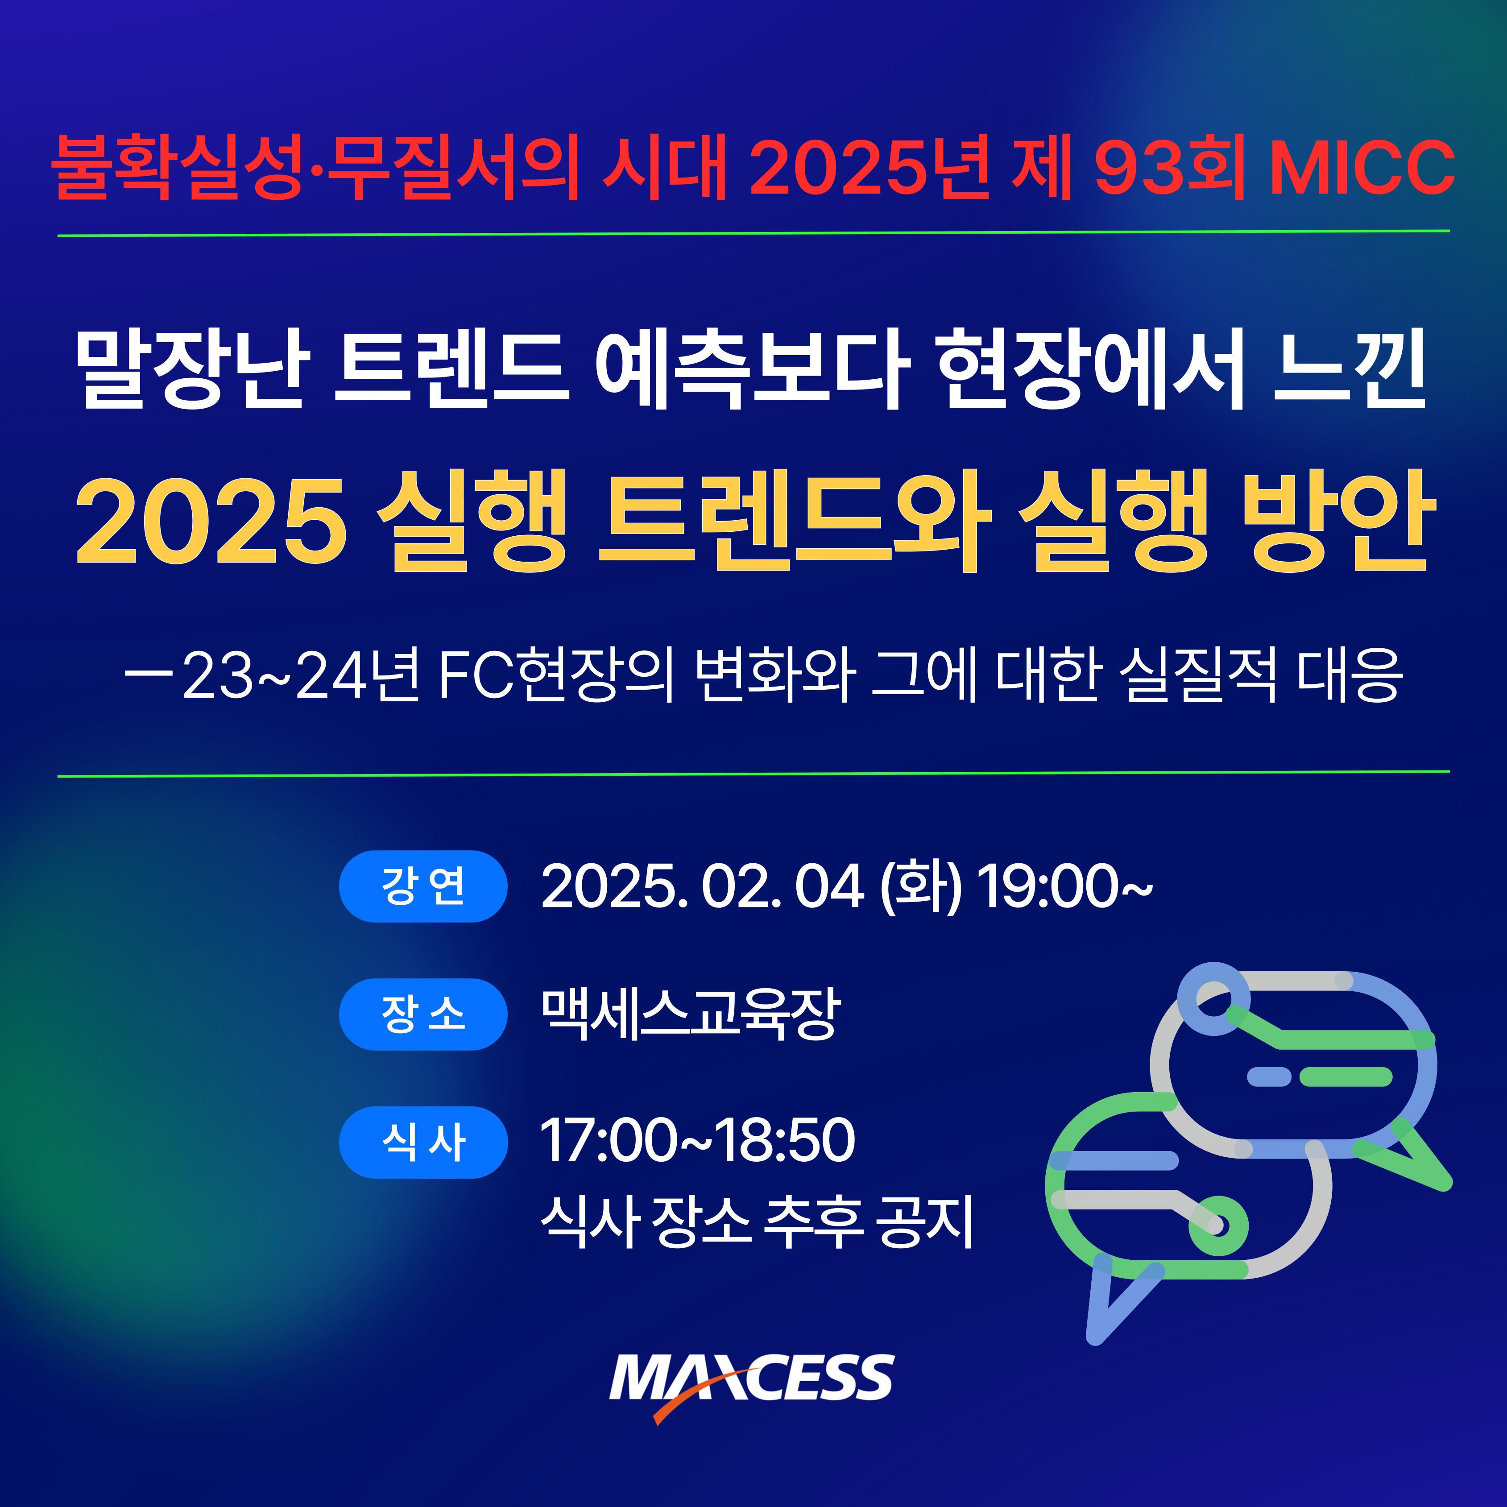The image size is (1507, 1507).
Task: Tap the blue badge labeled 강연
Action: (x=423, y=886)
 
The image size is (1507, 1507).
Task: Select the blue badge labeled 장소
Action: (x=423, y=1014)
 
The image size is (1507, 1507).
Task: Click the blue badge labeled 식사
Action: (x=423, y=1142)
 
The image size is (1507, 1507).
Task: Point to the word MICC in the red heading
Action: (x=1362, y=167)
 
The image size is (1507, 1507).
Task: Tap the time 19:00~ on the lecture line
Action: (x=1064, y=887)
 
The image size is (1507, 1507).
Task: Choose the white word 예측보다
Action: (x=752, y=368)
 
